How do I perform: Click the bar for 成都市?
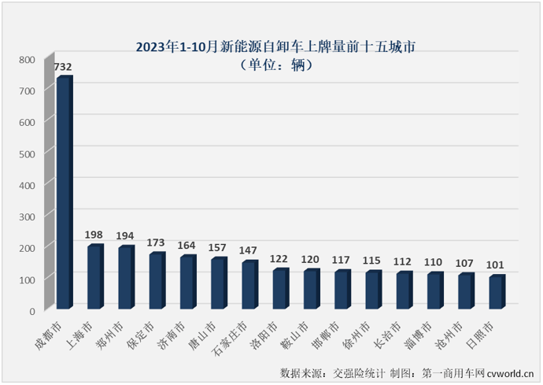(x=64, y=193)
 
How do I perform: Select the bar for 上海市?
(x=95, y=277)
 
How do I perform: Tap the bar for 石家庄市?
(x=249, y=285)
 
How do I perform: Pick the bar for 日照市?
(x=497, y=292)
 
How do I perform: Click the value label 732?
(x=64, y=67)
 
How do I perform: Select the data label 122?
(x=280, y=257)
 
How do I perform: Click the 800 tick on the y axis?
(x=27, y=60)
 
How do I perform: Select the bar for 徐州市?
(x=373, y=290)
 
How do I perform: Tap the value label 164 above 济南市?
(x=187, y=244)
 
